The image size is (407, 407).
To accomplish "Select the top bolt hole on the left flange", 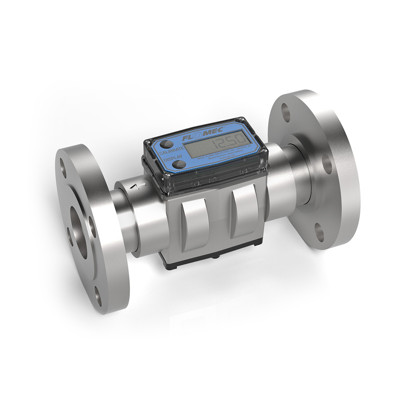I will pyautogui.click(x=63, y=169).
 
